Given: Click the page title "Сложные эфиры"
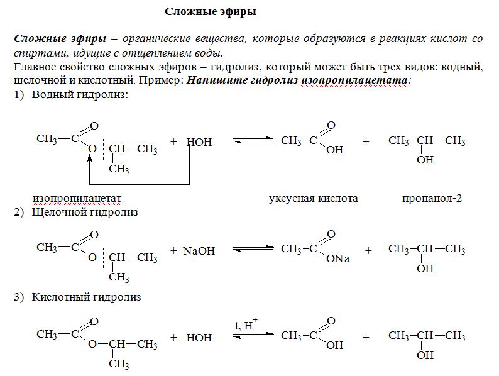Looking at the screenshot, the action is click(211, 12).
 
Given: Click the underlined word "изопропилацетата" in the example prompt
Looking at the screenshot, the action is click(354, 80).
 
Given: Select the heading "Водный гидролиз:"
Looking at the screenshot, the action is click(80, 94).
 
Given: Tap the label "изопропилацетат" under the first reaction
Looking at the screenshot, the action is click(77, 198).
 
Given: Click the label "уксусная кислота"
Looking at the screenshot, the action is click(314, 198).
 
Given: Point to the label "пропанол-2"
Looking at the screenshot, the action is click(432, 198).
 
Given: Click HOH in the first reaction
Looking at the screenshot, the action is click(199, 142).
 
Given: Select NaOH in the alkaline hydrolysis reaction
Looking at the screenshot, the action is click(199, 251).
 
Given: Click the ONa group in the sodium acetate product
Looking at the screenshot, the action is click(337, 258).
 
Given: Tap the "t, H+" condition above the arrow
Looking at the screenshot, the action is click(246, 324).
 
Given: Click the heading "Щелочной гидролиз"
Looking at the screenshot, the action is click(85, 212).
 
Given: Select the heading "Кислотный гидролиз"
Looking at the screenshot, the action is click(86, 297).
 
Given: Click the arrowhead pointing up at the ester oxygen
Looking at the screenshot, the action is click(90, 157).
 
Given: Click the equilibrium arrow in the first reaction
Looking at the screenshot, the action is click(253, 140).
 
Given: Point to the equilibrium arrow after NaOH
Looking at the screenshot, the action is click(253, 249).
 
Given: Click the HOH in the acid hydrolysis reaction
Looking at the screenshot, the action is click(199, 338).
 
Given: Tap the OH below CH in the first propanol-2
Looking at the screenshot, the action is click(425, 160).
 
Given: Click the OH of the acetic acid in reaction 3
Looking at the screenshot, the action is click(334, 345).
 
